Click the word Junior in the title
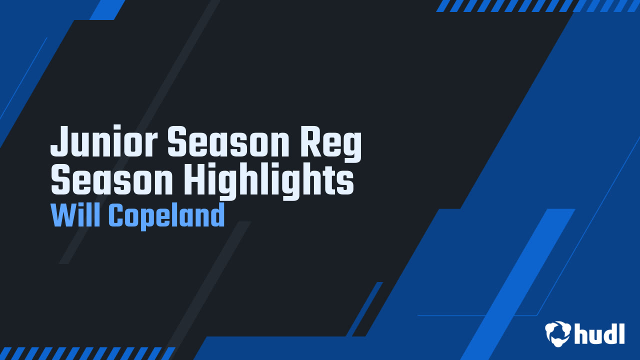coord(104,141)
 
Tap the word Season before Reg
coord(228,141)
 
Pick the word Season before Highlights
coord(112,180)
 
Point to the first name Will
coord(75,215)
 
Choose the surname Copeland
coord(167,216)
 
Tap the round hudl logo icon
coord(558,333)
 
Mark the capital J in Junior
coord(60,141)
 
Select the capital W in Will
coord(65,215)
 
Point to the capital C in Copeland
coord(117,215)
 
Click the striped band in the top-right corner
coord(537,5)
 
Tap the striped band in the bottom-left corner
coord(87,353)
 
